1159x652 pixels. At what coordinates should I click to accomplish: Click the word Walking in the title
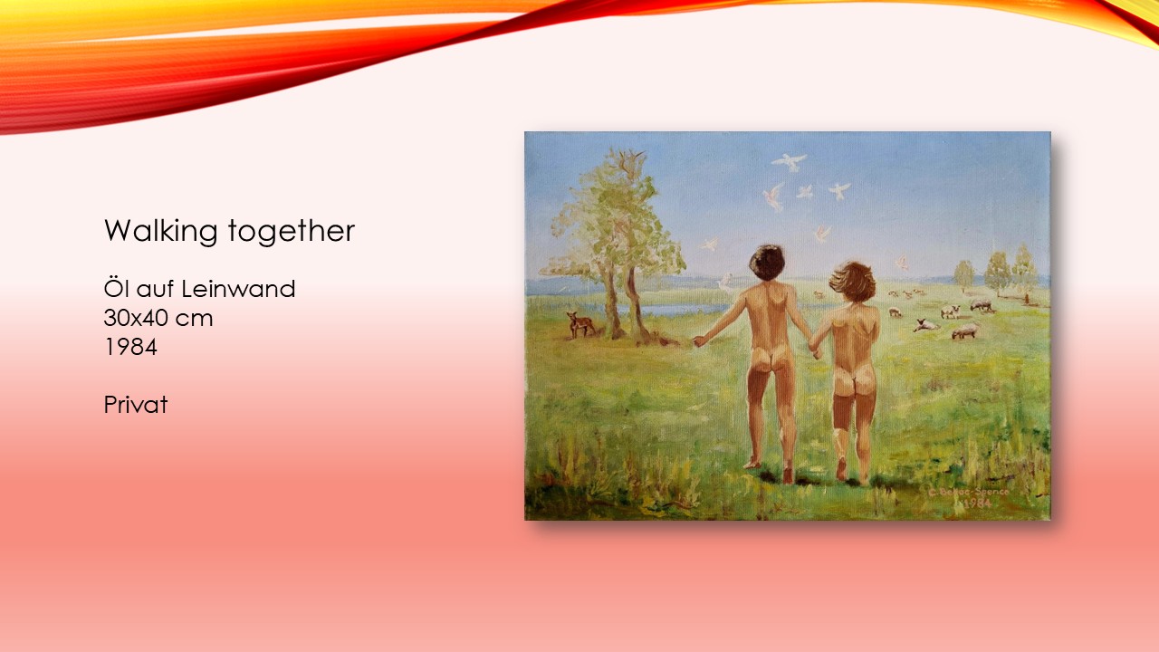(160, 231)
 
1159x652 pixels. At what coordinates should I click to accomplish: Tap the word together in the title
(292, 231)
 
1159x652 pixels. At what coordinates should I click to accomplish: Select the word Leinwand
(238, 289)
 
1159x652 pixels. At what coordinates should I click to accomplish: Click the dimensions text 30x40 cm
(158, 318)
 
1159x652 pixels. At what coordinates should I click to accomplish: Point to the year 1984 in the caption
(130, 347)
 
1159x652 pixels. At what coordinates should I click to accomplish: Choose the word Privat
(136, 405)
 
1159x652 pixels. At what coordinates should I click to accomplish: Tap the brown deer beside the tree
(580, 324)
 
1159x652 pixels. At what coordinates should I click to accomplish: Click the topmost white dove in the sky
(790, 161)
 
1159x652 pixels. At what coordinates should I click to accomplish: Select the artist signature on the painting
(969, 492)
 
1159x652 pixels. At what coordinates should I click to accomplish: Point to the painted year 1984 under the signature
(974, 503)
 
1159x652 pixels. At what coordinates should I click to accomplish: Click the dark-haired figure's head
(767, 263)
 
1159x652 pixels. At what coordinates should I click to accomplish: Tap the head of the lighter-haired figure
(853, 281)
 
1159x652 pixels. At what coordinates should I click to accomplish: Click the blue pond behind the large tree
(678, 310)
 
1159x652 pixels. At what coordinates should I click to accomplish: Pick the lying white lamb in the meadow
(926, 325)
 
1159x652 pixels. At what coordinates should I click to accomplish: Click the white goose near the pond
(725, 283)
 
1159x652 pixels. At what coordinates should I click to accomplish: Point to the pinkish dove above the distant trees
(903, 262)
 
